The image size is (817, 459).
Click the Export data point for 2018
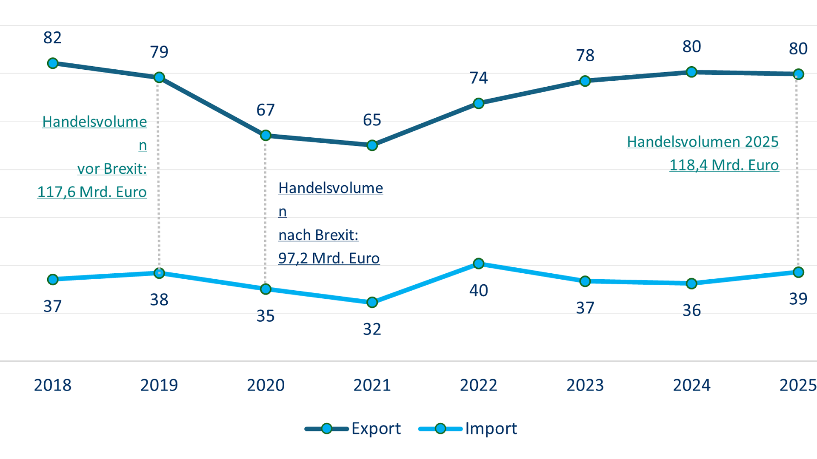coord(53,63)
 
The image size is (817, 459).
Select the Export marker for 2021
coord(372,145)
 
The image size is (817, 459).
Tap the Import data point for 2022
coord(479,263)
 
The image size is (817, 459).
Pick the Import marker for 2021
coord(372,302)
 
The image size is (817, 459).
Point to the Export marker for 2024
coord(691,72)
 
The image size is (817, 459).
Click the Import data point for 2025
coord(798,272)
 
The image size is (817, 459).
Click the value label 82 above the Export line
coord(52,38)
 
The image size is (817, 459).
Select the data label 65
coord(372,120)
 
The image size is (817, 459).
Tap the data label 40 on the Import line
coord(479,291)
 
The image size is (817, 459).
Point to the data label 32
coord(372,329)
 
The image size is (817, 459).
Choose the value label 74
coord(479,78)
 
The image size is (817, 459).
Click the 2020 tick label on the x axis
coord(266,385)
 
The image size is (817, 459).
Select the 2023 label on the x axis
coord(585,385)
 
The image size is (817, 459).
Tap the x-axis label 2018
coord(53,385)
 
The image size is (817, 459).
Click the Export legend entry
coord(353,428)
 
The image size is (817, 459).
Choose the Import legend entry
coord(468,428)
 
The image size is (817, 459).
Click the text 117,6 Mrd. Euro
coord(92,192)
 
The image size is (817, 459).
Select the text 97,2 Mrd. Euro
coord(329,258)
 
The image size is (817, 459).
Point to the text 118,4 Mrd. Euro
coord(724,165)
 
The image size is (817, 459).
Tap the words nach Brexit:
coord(318,235)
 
